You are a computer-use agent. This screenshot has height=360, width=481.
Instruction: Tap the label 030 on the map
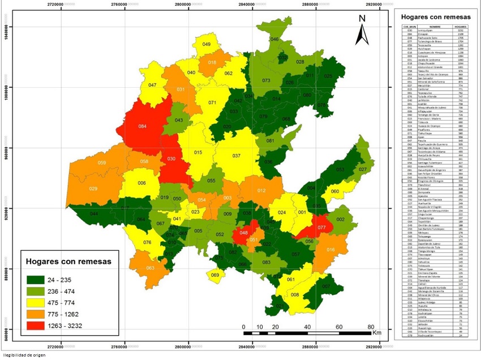click(171, 158)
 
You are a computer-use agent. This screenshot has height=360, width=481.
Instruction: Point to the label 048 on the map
click(244, 233)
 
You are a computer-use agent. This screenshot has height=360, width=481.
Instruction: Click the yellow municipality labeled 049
click(207, 44)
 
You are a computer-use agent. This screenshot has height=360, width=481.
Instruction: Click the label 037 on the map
click(236, 156)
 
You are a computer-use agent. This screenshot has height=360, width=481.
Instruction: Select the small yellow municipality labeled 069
click(215, 276)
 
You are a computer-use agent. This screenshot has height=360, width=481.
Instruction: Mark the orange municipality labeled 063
click(151, 268)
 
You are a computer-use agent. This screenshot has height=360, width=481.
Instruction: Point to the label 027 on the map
click(363, 169)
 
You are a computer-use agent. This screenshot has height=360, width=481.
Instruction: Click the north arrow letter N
click(362, 18)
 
